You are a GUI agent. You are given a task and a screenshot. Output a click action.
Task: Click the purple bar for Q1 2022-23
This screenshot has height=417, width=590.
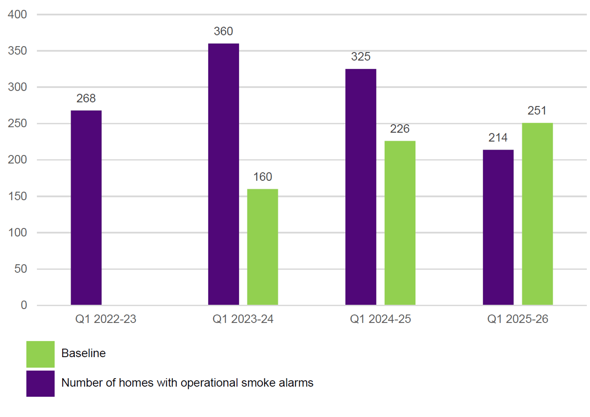[x=86, y=208]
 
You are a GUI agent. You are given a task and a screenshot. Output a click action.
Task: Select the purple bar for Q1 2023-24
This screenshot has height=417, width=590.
[x=223, y=174]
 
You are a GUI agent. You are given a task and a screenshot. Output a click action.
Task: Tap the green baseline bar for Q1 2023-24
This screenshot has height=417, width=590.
[x=262, y=247]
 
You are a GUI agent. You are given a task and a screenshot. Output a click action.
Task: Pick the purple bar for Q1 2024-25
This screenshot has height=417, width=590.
[x=361, y=187]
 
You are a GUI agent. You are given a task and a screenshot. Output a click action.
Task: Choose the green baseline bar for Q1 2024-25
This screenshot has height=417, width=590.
[x=400, y=223]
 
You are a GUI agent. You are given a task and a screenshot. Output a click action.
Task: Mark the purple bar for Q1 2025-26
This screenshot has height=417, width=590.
[x=498, y=227]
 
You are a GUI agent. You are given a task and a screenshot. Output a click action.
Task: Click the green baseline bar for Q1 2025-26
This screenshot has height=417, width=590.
[x=537, y=214]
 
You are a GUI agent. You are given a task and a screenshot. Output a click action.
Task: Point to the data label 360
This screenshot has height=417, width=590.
[x=223, y=31]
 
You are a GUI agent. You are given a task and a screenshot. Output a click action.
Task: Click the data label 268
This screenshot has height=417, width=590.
[x=86, y=98]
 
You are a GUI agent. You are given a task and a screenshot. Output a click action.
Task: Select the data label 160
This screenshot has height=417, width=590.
[x=262, y=177]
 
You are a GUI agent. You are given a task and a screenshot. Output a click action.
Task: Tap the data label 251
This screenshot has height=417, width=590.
[x=537, y=111]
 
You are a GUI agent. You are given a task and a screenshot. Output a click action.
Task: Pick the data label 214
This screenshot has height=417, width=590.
[x=498, y=137]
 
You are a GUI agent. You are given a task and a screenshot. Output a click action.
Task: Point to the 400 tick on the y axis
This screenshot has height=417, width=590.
[x=17, y=15]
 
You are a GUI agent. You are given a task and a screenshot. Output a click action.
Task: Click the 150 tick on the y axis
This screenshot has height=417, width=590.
[x=17, y=196]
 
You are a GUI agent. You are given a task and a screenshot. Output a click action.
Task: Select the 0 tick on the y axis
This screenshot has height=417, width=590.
[x=24, y=305]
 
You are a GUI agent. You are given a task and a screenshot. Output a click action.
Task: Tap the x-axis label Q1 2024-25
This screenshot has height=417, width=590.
[x=380, y=319]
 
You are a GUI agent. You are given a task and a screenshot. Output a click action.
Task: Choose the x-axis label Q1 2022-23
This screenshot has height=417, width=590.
[x=106, y=319]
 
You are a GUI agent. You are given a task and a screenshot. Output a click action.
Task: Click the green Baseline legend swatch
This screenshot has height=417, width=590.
[x=40, y=354]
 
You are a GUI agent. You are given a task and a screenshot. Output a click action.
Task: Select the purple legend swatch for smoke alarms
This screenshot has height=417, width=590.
[x=40, y=383]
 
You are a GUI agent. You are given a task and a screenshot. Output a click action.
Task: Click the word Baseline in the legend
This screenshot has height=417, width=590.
[x=83, y=353]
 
